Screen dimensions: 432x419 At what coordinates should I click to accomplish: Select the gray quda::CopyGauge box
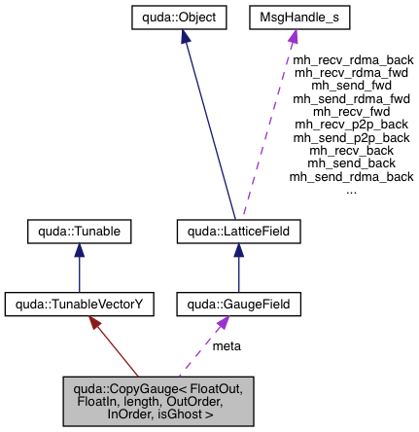tap(157, 400)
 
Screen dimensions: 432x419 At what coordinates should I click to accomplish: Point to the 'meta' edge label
tap(227, 345)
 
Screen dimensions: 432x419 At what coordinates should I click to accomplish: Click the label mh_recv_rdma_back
tap(352, 59)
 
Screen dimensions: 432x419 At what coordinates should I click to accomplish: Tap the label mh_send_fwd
tap(352, 85)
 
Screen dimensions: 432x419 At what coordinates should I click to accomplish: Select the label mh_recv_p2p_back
tap(352, 125)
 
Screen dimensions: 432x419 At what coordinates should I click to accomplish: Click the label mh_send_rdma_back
tap(352, 176)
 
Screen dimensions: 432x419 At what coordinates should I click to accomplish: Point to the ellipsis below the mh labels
tap(352, 190)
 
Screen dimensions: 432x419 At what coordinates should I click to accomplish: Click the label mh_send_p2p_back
tap(352, 137)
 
